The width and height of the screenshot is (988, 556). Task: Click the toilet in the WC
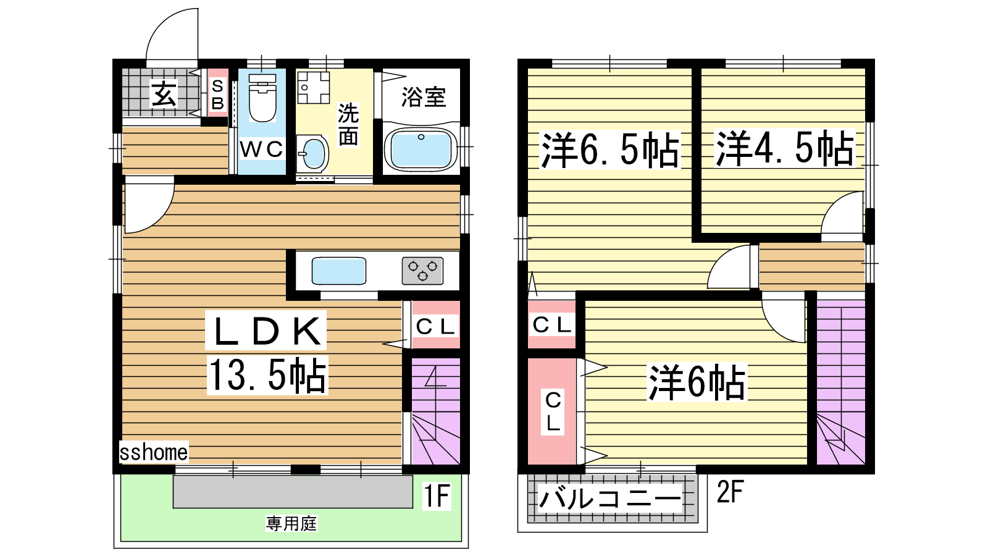[x=262, y=98]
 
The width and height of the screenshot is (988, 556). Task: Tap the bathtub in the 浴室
[x=421, y=149]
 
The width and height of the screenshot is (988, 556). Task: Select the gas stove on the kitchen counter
[x=422, y=271]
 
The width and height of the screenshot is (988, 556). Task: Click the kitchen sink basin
[x=339, y=271]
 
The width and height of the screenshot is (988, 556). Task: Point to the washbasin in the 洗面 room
[x=312, y=154]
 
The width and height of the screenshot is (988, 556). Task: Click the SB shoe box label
[x=217, y=95]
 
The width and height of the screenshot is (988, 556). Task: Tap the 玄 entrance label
[x=164, y=93]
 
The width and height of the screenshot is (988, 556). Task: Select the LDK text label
[x=266, y=331]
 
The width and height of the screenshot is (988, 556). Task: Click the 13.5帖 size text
[x=267, y=375]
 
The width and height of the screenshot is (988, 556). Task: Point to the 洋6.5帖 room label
[x=610, y=150]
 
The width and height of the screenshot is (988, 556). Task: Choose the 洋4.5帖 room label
[x=784, y=148]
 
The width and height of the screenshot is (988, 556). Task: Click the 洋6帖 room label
[x=697, y=382]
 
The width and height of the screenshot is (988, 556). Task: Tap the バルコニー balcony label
[x=610, y=498]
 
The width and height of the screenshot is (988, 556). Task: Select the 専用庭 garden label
[x=291, y=524]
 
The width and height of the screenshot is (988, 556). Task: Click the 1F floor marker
[x=436, y=495]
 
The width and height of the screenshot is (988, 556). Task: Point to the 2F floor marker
[x=731, y=491]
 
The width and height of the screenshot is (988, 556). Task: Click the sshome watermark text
[x=154, y=452]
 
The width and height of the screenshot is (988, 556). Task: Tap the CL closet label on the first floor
[x=435, y=327]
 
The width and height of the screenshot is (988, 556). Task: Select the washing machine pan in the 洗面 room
[x=313, y=87]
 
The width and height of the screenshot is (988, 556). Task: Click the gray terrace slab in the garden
[x=293, y=492]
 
